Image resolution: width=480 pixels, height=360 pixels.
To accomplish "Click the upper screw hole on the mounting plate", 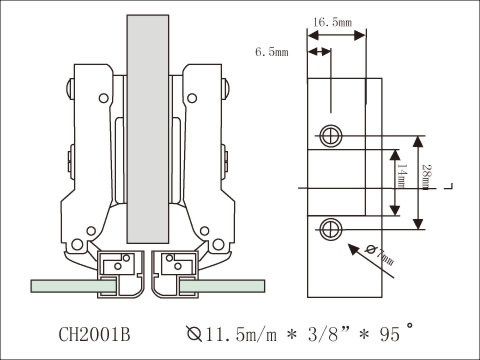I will [331, 135].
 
